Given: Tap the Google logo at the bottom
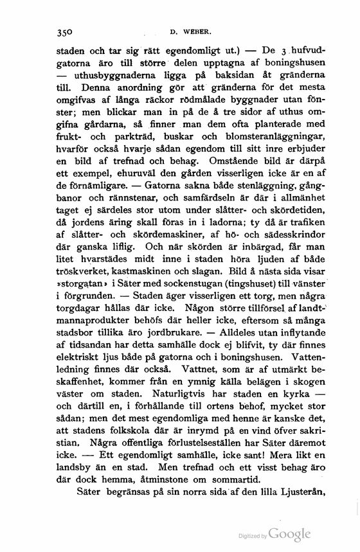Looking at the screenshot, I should coord(289,535).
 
